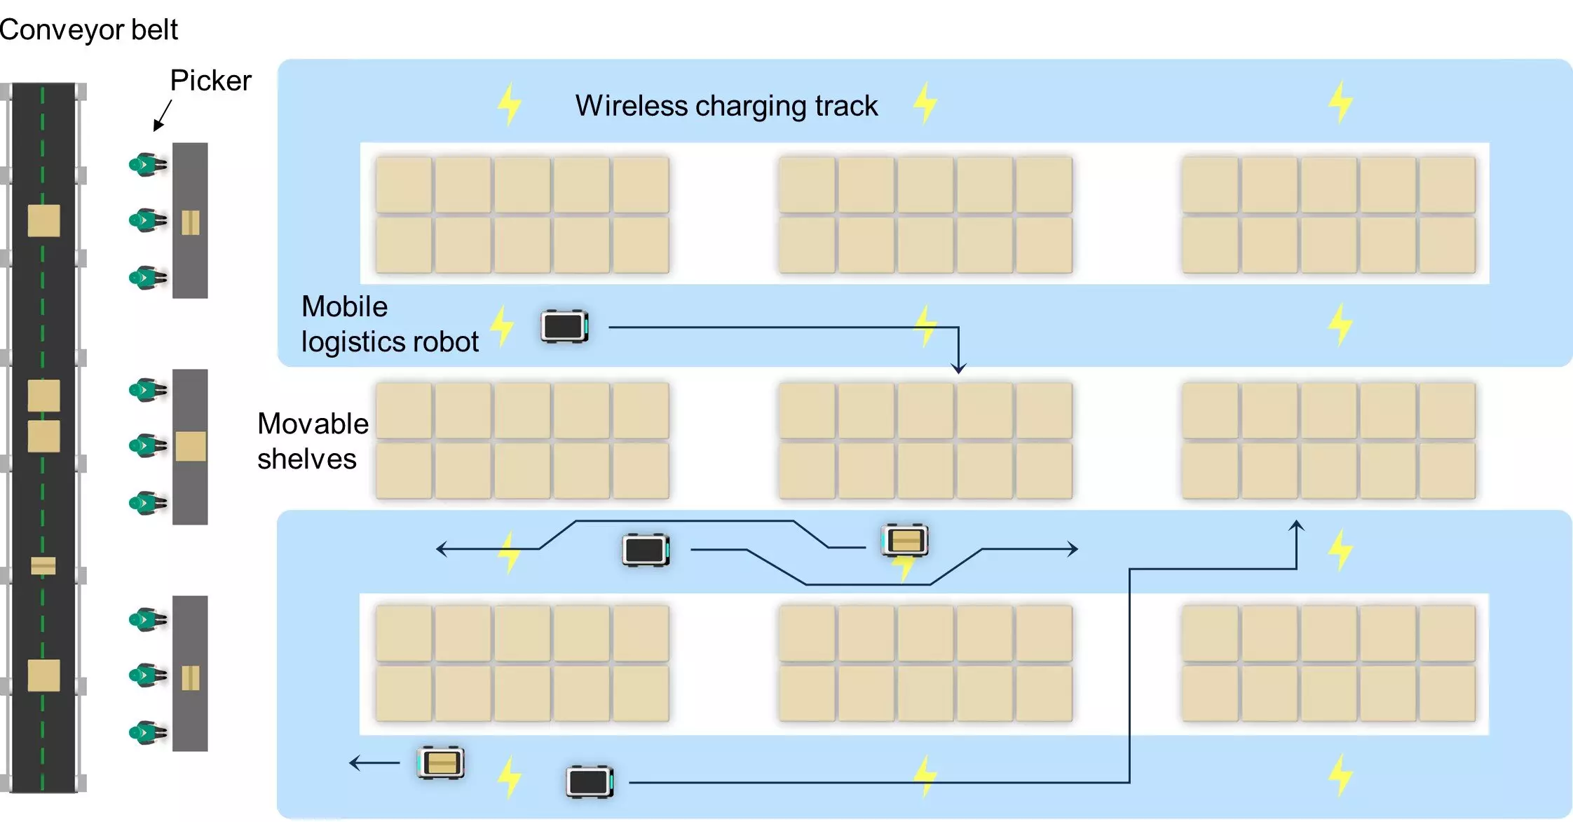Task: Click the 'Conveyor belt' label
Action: (x=88, y=30)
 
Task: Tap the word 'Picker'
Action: (x=210, y=81)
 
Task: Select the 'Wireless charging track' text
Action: (x=726, y=106)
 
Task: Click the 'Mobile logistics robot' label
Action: (x=389, y=324)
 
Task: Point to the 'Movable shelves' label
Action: (x=312, y=441)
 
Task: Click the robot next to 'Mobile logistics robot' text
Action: (x=564, y=327)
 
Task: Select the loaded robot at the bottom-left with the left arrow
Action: (x=441, y=762)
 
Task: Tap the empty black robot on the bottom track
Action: (x=590, y=782)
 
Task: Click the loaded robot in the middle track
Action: (x=904, y=541)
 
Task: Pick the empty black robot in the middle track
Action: (x=646, y=550)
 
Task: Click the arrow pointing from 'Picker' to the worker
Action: (x=163, y=115)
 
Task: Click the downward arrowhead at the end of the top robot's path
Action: (x=958, y=368)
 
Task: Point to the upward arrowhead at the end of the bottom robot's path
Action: (x=1297, y=525)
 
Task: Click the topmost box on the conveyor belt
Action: (x=43, y=221)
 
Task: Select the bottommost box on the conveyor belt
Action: (x=43, y=675)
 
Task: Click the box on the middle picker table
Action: (x=190, y=446)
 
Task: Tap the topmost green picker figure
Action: (x=148, y=165)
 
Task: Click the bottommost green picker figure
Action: (x=148, y=733)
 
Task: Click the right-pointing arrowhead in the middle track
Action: (x=1073, y=548)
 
